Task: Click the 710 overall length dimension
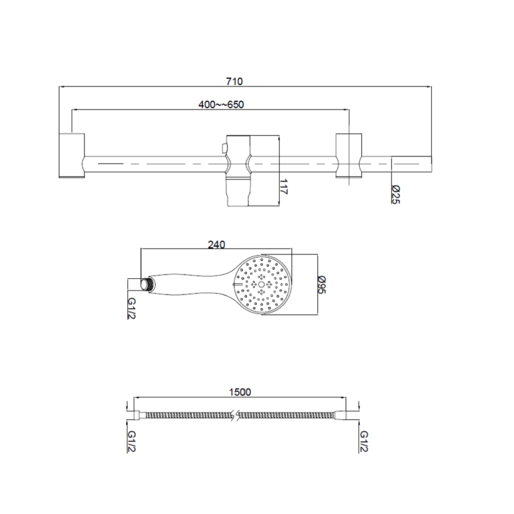coord(234,81)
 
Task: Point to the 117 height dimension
coord(284,188)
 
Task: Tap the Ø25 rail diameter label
coord(395,195)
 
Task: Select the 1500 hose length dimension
coord(239,392)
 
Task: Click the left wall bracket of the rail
coord(71,156)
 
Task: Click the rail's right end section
coord(411,165)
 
